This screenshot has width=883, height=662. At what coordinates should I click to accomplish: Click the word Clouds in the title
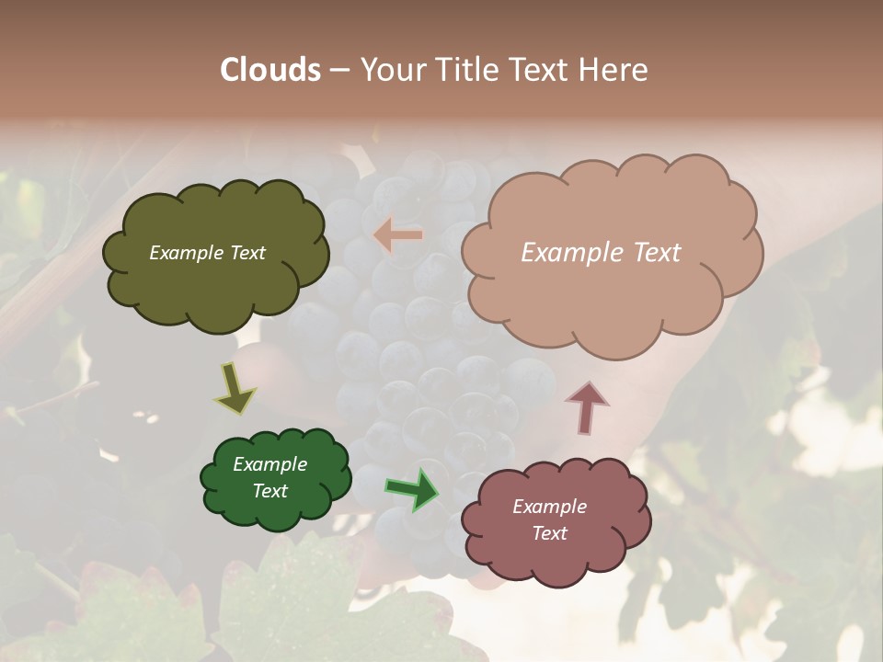[x=269, y=70]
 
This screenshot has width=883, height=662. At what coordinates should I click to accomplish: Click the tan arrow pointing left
[x=398, y=235]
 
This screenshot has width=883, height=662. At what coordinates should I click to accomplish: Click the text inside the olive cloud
[x=207, y=253]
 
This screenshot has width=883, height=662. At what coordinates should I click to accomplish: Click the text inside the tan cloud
[x=601, y=253]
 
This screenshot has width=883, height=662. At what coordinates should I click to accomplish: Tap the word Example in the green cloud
[x=269, y=464]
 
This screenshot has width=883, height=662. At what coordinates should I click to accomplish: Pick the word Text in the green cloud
[x=269, y=491]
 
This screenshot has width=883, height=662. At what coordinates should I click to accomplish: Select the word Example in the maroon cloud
[x=549, y=507]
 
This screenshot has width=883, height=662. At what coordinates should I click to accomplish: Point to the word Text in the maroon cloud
[x=549, y=533]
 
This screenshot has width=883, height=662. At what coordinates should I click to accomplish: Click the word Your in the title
[x=389, y=70]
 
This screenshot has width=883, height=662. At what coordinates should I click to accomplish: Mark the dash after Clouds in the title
[x=338, y=70]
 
